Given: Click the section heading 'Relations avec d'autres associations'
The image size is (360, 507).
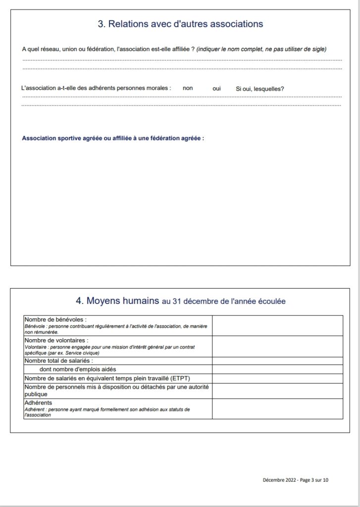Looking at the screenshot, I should (x=180, y=24).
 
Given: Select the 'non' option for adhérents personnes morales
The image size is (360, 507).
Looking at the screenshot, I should (x=188, y=88).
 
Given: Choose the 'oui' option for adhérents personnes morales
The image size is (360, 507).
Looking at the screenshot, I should (x=216, y=88).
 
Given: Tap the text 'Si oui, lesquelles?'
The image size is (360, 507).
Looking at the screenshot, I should (x=259, y=89).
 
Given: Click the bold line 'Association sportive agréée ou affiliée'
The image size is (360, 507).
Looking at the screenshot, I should (x=113, y=138).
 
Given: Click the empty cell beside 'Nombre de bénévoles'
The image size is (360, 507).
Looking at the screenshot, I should (x=277, y=325).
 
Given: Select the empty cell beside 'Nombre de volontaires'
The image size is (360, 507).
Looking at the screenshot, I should (x=277, y=346).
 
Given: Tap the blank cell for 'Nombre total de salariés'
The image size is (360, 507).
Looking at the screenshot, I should (x=277, y=360).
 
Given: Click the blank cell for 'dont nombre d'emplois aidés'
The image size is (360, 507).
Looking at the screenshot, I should (x=277, y=369).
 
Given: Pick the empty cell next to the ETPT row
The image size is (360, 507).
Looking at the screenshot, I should (x=277, y=378).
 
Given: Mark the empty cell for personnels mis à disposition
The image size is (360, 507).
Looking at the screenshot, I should (x=277, y=391).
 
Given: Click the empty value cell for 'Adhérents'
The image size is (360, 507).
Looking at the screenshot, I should (x=277, y=408).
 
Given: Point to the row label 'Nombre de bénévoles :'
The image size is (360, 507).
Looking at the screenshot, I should (x=55, y=319).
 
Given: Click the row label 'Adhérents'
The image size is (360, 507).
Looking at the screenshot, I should (x=38, y=403).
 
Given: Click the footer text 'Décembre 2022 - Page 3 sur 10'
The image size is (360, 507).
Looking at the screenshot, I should (x=296, y=480).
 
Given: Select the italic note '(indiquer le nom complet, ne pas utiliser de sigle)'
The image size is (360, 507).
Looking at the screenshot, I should (x=261, y=49).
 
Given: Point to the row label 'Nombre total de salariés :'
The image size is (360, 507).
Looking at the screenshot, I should (x=58, y=360).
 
